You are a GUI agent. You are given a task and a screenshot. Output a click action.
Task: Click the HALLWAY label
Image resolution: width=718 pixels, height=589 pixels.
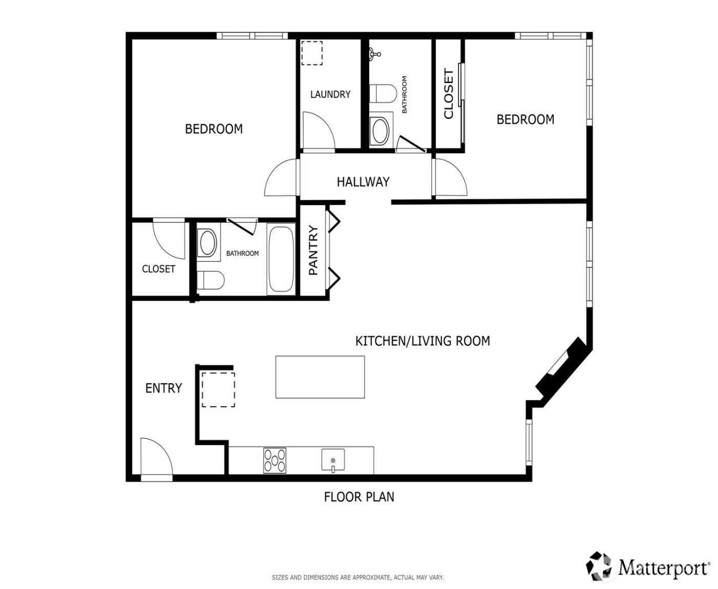pyautogui.click(x=363, y=182)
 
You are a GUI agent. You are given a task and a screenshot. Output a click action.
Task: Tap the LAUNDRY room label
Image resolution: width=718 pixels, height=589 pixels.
pyautogui.click(x=330, y=94)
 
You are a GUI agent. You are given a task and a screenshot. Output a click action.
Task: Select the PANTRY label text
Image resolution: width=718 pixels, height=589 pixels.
pyautogui.click(x=313, y=251)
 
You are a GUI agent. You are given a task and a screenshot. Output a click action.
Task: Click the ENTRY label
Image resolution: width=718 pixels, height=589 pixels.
pyautogui.click(x=164, y=388)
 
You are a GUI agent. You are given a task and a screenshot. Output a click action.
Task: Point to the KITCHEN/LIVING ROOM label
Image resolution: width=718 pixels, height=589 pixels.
pyautogui.click(x=423, y=341)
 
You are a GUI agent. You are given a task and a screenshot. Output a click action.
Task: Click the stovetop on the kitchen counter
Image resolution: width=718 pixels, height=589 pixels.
pyautogui.click(x=274, y=460)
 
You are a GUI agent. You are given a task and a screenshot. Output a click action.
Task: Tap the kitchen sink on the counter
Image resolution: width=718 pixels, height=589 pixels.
pyautogui.click(x=333, y=459)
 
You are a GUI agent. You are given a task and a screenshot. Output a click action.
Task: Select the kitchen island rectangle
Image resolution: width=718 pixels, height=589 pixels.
pyautogui.click(x=320, y=377)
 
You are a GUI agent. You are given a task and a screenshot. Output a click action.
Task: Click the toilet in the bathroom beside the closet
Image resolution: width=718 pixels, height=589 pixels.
pyautogui.click(x=210, y=280)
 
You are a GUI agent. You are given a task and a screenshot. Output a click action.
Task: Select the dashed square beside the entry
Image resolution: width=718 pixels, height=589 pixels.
pyautogui.click(x=218, y=390)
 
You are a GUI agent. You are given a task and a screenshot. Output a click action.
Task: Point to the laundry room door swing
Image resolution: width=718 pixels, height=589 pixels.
pyautogui.click(x=318, y=131)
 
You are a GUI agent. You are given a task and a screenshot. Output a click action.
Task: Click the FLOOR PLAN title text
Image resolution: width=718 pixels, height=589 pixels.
pyautogui.click(x=359, y=497)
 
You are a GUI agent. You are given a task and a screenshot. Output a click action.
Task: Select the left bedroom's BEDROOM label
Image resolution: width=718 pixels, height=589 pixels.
pyautogui.click(x=214, y=129)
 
